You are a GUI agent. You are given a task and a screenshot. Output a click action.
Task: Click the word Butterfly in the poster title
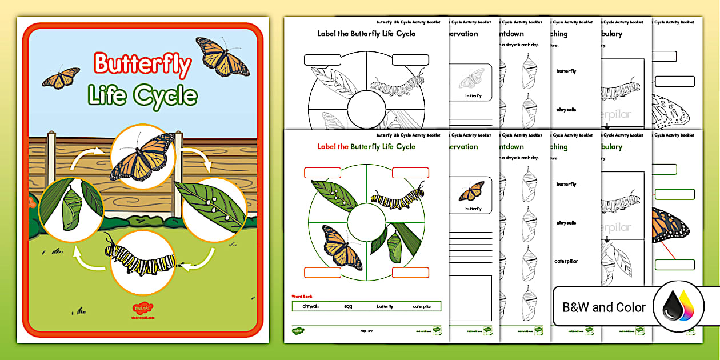[x=142, y=65]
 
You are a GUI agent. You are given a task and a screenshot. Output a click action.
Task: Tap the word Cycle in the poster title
[x=166, y=95]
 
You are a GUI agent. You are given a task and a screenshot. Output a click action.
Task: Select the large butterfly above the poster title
[x=223, y=57]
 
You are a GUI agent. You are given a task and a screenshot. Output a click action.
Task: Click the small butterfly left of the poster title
[x=61, y=77]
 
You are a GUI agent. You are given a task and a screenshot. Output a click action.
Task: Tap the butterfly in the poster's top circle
[x=143, y=156]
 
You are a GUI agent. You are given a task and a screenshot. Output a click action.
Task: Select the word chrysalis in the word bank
[x=311, y=306]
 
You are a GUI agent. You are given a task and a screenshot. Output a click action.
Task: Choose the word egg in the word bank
[x=348, y=306]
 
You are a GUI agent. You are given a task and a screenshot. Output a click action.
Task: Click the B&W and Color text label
[x=604, y=307]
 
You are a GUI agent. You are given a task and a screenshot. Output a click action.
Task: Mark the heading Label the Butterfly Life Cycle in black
[x=366, y=34]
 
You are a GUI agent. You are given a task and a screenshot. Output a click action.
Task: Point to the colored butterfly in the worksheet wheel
[x=342, y=247]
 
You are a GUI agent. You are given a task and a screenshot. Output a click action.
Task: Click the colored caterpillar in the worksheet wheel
[x=398, y=196]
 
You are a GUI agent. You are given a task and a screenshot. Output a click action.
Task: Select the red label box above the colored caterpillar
[x=410, y=173]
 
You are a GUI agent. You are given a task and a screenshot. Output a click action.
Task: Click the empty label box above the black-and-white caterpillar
[x=410, y=59]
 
